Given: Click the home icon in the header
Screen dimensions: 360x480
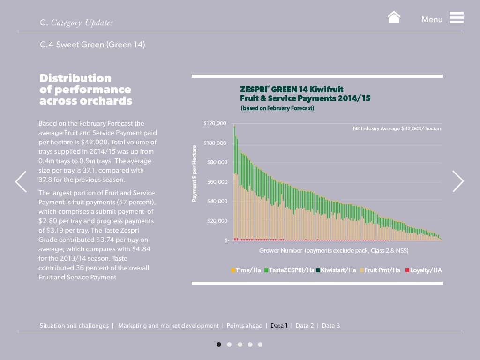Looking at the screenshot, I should click(394, 17).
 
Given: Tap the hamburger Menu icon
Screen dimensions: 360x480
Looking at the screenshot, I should click(456, 18).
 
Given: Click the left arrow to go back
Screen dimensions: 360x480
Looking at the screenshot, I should click(21, 181).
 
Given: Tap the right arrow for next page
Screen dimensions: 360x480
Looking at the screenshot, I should click(458, 181).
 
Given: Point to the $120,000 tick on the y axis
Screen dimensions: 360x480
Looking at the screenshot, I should click(215, 123).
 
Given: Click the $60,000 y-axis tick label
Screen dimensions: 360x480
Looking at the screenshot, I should click(217, 182).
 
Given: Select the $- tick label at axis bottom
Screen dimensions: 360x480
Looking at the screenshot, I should click(227, 240).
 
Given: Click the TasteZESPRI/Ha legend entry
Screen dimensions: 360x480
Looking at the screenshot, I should click(289, 270).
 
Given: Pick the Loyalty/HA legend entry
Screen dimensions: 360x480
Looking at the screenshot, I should click(424, 270).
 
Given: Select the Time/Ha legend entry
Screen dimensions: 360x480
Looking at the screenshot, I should click(246, 270).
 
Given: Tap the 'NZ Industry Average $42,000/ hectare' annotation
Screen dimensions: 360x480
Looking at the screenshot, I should click(397, 128).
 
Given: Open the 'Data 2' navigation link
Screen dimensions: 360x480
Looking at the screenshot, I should click(305, 326).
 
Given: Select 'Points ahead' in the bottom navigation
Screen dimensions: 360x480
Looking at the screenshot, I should click(245, 326).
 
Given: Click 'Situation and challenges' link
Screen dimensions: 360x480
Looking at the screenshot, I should click(74, 326).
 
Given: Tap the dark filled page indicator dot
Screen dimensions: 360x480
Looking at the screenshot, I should click(219, 345).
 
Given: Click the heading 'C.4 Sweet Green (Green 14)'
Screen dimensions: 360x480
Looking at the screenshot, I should click(92, 45).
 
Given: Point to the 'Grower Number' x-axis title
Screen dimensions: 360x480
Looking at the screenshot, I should click(334, 251).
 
